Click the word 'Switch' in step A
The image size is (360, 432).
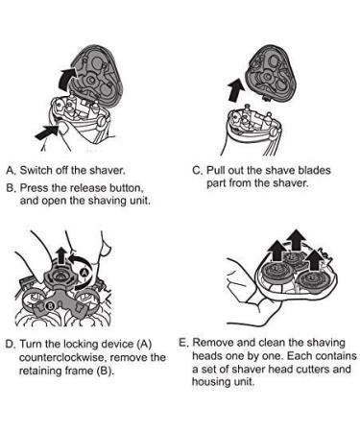coord(36,170)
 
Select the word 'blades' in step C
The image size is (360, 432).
coord(314,170)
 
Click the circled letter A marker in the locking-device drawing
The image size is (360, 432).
coord(84,272)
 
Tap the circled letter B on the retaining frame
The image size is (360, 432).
coord(50,306)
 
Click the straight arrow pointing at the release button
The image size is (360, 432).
coord(46,132)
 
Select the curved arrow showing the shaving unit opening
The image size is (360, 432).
coord(65,79)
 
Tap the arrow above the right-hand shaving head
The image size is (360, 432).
coord(316,258)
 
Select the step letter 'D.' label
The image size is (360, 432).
coord(11,344)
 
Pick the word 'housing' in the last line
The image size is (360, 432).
coord(209,382)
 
